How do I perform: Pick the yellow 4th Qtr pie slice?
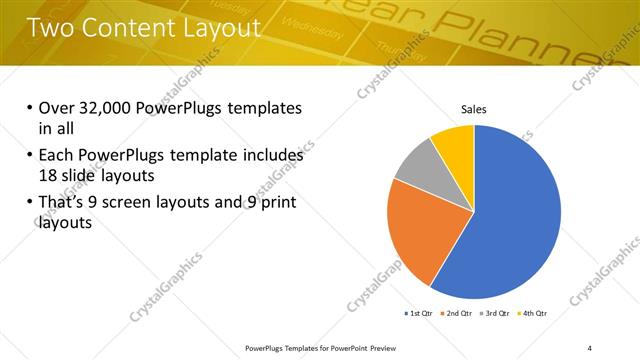454,139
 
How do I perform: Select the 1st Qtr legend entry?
419,314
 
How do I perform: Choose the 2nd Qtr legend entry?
457,314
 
